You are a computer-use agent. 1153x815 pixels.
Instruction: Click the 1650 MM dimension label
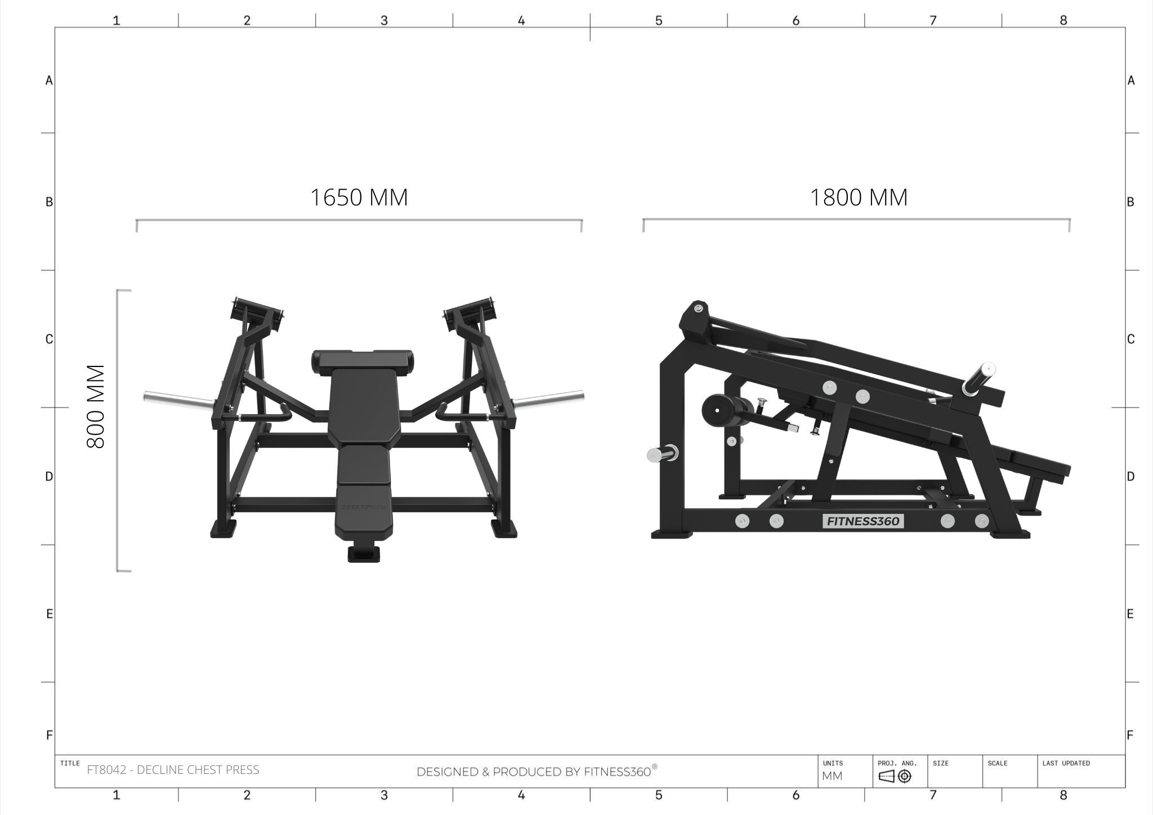[x=359, y=198]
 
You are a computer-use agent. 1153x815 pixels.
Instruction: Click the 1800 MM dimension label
[x=859, y=198]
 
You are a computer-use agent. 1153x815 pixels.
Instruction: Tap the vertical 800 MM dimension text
[x=96, y=406]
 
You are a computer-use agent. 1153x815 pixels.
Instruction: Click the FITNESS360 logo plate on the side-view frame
[x=863, y=521]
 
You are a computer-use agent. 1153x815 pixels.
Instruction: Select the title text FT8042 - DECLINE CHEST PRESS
[x=173, y=770]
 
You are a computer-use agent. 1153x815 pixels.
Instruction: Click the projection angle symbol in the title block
[x=895, y=776]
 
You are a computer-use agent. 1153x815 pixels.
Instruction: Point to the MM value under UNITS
[x=832, y=776]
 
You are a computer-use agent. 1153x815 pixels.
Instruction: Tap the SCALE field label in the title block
[x=997, y=763]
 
